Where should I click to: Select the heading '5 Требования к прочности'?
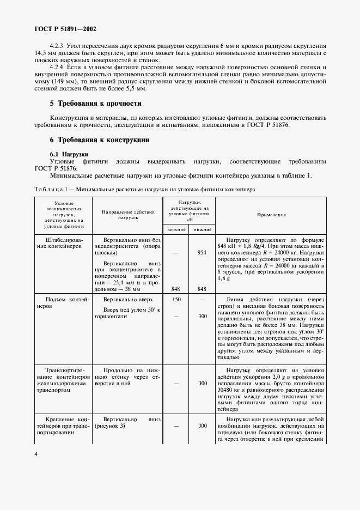tap(96, 104)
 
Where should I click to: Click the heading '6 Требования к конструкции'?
tap(100, 140)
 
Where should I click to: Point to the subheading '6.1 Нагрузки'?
tap(69, 154)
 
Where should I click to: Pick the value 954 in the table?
tap(202, 253)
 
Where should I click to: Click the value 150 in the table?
tap(175, 300)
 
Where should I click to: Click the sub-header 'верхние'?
tap(176, 229)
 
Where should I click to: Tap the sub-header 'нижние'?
tap(202, 229)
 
